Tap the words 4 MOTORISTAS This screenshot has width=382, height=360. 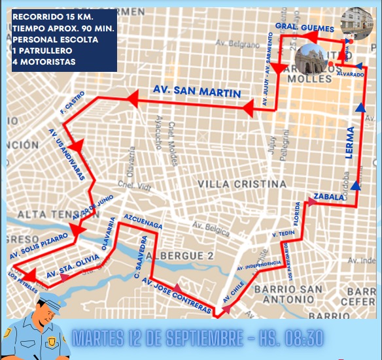point(43,62)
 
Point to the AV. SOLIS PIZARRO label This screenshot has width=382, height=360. point(39,246)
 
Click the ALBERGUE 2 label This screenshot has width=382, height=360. point(180,254)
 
